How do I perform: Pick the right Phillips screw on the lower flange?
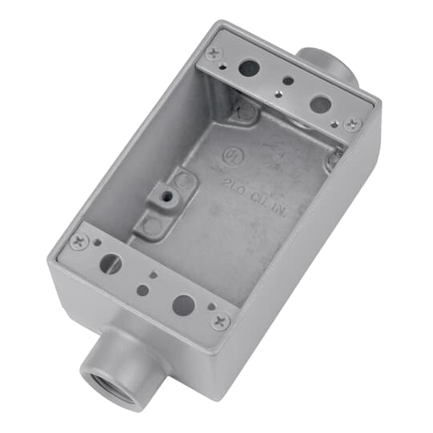pyautogui.click(x=220, y=320)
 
